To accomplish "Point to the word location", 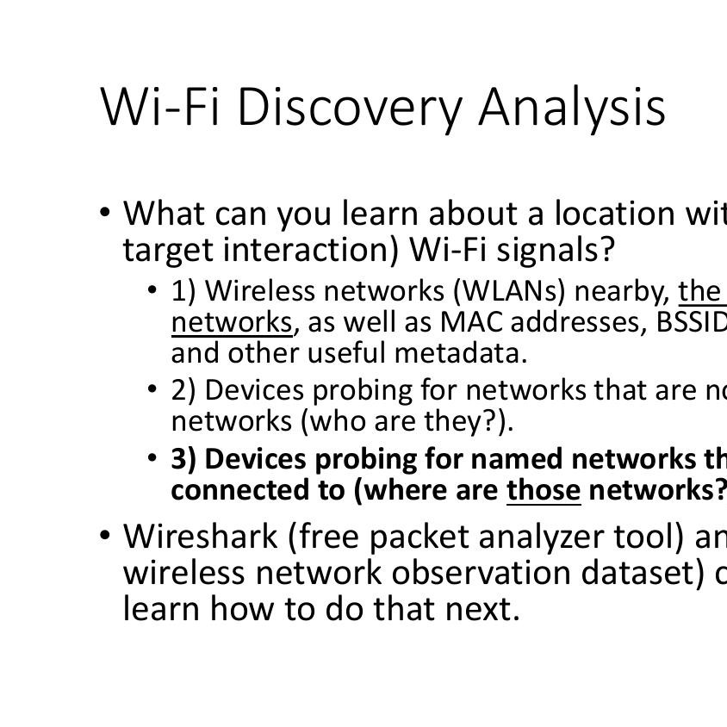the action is (615, 214).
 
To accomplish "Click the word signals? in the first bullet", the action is (556, 251).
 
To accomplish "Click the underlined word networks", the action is (232, 323).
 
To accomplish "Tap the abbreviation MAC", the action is (471, 322).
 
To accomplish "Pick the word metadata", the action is (461, 353).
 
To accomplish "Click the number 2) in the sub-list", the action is (183, 390).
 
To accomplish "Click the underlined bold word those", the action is (544, 490).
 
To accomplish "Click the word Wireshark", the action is (201, 537).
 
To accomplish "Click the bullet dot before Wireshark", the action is (105, 535).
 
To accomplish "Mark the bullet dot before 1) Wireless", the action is (152, 290).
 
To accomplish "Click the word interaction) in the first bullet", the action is (311, 251).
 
